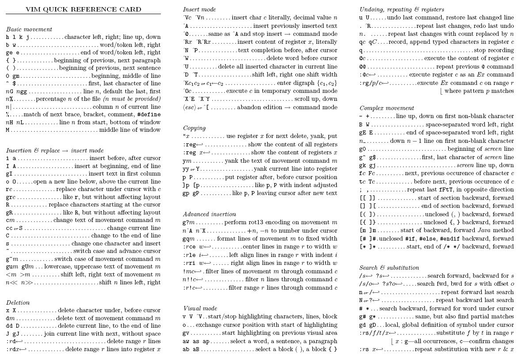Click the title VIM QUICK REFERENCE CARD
tap(83, 9)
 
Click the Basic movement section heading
tap(29, 30)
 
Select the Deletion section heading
tap(18, 303)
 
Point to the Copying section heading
tap(194, 128)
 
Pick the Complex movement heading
tap(387, 108)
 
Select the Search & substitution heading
tap(389, 268)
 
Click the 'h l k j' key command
tap(18, 37)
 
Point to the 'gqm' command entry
tap(189, 238)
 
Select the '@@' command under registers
tap(362, 66)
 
